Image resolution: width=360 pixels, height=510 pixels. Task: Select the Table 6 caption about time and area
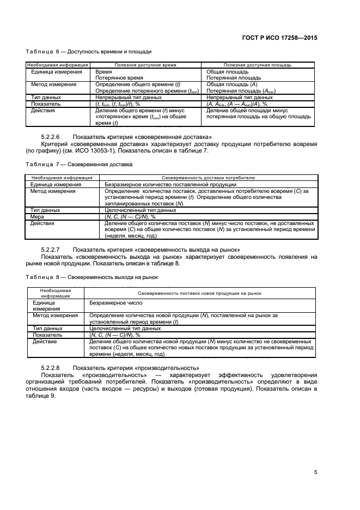tap(88, 52)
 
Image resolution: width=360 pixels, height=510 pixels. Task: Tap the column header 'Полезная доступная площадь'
tap(257, 65)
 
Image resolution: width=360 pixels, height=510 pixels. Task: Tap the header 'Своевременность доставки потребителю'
tap(209, 178)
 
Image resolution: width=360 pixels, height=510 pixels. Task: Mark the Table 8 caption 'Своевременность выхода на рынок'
tap(87, 277)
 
